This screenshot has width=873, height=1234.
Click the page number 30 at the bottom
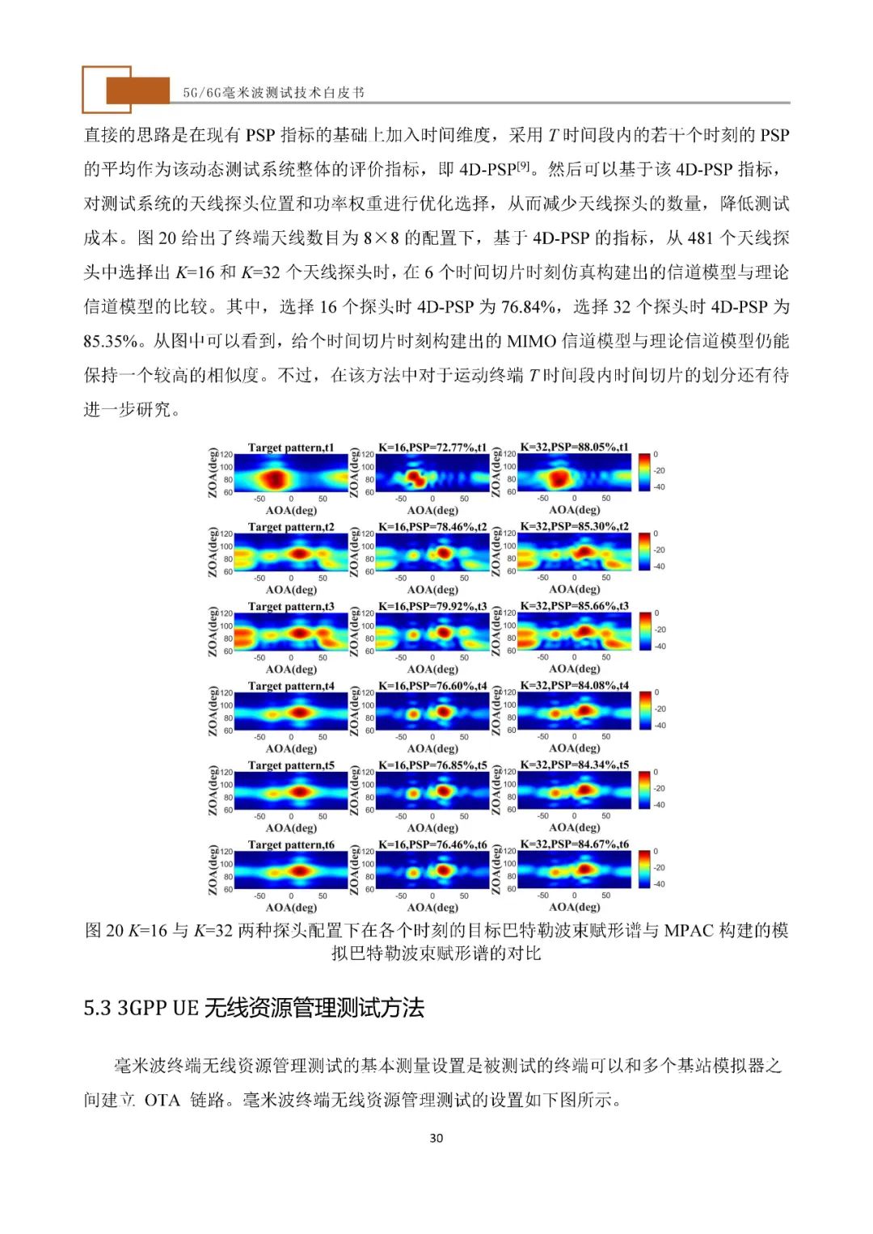436,1138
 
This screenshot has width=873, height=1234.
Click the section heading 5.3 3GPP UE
254,1009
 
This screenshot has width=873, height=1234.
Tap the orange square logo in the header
129,90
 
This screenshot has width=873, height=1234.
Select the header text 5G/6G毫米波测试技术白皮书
273,92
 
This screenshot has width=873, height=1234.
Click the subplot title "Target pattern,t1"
291,448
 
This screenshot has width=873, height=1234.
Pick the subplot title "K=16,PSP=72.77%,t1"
432,448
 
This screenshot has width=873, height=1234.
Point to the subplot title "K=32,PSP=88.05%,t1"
574,447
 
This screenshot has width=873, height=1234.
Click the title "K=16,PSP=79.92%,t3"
432,606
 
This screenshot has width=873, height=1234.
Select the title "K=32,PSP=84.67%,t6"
574,844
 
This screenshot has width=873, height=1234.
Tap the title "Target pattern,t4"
291,686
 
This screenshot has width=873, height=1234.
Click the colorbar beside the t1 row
643,471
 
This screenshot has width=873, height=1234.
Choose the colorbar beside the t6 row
643,869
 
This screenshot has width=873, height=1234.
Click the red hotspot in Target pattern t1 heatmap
276,478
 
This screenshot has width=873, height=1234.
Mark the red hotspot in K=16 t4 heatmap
443,713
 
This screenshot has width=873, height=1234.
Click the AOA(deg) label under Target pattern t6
291,908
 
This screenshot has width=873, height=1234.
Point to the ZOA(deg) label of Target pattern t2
213,552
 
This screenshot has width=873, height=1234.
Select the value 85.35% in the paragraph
112,341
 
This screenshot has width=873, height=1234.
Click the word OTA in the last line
162,1100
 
